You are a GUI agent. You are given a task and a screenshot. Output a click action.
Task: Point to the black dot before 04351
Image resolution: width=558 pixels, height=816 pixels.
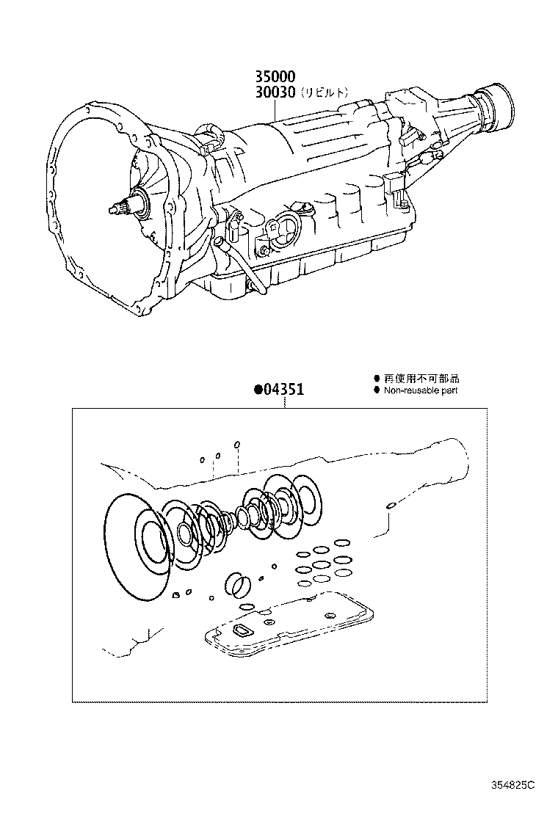(258, 391)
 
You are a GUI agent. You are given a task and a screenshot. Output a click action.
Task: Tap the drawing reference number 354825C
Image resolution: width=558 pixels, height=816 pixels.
(513, 785)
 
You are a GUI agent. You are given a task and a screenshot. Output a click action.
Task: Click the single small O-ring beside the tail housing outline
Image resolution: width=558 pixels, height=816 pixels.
(392, 505)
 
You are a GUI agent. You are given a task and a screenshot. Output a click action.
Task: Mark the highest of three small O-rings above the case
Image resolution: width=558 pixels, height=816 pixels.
(237, 445)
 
